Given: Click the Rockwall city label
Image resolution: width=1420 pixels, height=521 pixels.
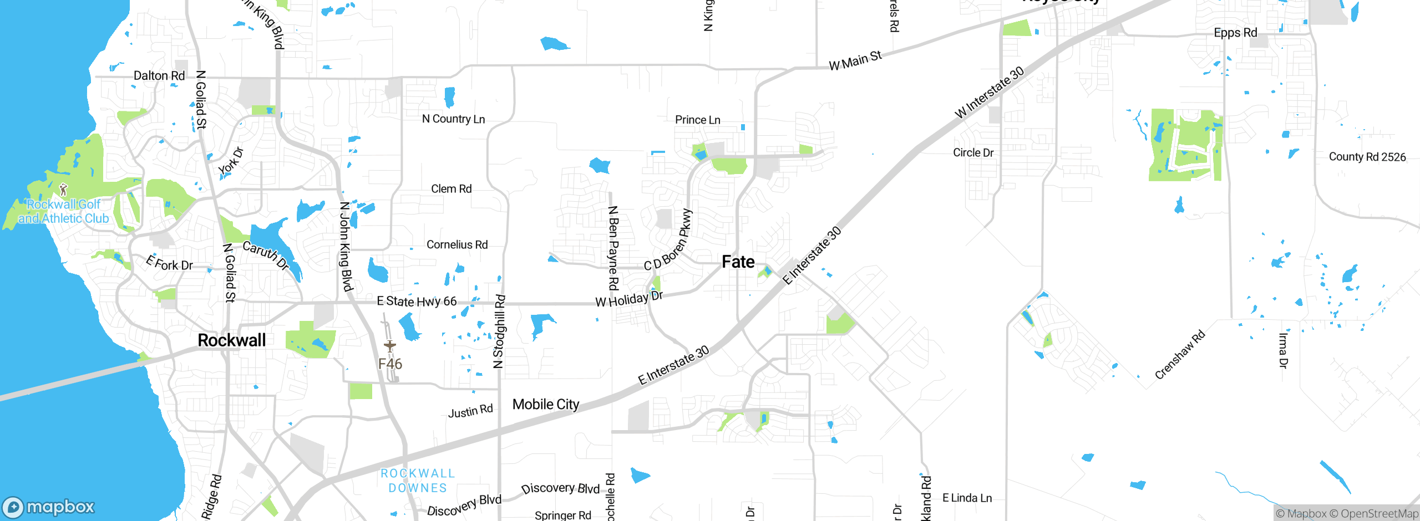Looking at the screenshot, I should point(232,340).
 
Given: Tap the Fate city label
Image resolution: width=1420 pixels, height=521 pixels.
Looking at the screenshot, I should point(738,262).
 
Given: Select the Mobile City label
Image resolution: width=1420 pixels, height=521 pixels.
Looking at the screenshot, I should point(546,405).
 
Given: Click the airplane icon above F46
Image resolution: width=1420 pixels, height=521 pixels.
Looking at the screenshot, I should point(390,346).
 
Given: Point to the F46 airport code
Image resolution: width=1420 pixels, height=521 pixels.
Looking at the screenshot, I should point(390,364).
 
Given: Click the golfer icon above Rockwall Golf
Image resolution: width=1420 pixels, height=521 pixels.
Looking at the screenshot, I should point(63,190).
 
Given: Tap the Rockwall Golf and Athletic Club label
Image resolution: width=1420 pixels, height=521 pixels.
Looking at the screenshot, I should point(63,212).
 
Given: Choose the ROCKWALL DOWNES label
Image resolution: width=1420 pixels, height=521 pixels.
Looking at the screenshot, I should point(418,481).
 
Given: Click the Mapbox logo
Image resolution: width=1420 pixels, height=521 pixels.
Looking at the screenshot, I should point(49,507).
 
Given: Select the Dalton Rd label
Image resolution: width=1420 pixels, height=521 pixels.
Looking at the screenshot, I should point(159,76).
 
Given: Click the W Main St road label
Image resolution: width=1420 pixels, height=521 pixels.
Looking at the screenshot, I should point(855,60).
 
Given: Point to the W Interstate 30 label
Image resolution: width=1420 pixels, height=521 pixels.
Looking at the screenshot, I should point(990,93).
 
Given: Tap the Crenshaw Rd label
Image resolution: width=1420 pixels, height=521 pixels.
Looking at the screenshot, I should point(1180,355).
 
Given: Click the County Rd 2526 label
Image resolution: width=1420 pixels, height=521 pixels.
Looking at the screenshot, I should point(1367,157).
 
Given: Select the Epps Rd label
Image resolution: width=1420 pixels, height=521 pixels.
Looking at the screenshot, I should point(1235,33).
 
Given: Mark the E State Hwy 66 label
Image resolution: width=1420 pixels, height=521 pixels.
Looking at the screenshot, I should point(417,301).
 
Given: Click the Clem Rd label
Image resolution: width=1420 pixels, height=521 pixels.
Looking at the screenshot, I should point(452,189).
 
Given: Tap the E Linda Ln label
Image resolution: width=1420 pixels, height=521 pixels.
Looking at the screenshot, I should point(967,498).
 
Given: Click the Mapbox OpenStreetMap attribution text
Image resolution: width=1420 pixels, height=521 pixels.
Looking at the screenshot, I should point(1347,514).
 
